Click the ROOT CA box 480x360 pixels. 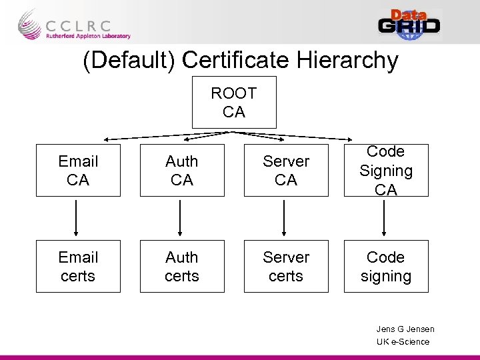[x=233, y=103]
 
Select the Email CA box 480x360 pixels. [x=78, y=171]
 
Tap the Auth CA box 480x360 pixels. [x=182, y=171]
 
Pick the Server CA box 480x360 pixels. [x=286, y=171]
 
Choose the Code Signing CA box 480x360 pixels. [x=386, y=171]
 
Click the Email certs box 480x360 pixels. [x=78, y=266]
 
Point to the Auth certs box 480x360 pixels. [x=182, y=266]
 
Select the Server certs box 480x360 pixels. [x=286, y=266]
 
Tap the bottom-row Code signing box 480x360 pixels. [x=386, y=266]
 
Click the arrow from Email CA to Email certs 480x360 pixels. [x=77, y=218]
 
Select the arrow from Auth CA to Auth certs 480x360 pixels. [x=181, y=218]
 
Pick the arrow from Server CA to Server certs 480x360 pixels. [x=285, y=218]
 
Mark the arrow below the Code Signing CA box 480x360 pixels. [x=385, y=218]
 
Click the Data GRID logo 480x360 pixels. [x=409, y=24]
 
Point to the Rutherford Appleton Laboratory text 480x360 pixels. [x=88, y=37]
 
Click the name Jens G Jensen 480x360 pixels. [x=405, y=329]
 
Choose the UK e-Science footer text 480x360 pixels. [x=403, y=341]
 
